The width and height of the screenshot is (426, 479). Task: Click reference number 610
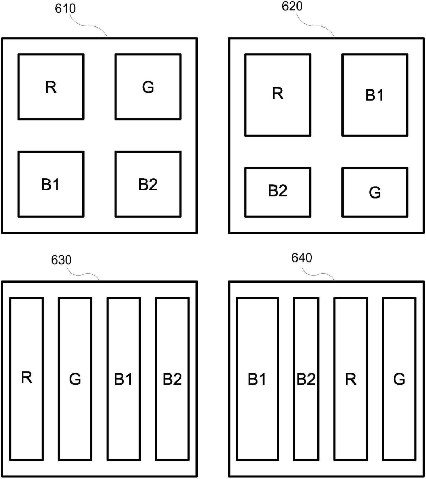[x=65, y=9]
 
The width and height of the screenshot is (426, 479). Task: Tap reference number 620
[x=292, y=6]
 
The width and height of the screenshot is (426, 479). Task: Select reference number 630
[x=61, y=260]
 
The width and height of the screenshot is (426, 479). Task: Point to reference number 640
[x=302, y=258]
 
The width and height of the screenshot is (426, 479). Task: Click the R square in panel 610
[x=51, y=87]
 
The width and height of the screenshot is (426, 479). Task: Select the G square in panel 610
[x=148, y=87]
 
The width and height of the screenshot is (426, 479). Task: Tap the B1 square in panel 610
[x=51, y=184]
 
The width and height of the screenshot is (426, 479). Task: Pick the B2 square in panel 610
[x=148, y=184]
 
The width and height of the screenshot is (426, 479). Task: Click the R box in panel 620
[x=278, y=95]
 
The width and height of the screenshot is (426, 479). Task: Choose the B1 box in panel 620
[x=375, y=95]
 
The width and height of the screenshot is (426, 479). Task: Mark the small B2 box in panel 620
[x=278, y=192]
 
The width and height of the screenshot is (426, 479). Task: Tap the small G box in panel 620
[x=375, y=192]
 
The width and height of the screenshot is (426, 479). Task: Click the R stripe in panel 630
[x=26, y=379]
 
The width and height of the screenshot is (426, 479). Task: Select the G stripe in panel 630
[x=75, y=379]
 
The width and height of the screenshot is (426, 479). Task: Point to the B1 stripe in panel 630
[x=124, y=379]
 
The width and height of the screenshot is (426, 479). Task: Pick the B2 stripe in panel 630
[x=172, y=379]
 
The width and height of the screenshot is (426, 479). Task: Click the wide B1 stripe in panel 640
[x=257, y=379]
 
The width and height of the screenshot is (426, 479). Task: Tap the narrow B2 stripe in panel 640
[x=306, y=379]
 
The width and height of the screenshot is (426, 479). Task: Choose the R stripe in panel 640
[x=350, y=379]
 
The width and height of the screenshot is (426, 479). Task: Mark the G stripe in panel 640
[x=399, y=379]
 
